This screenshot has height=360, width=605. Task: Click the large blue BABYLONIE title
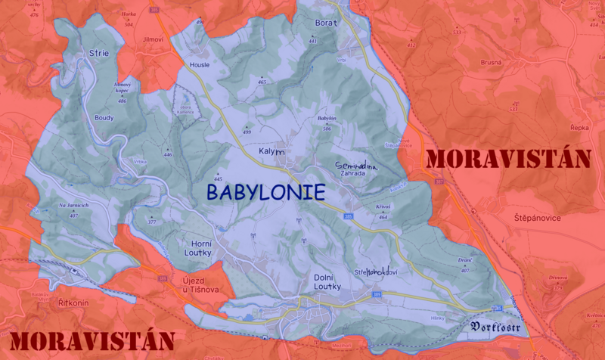coord(265,192)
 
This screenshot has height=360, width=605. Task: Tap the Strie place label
coord(99,54)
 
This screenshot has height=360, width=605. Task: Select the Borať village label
coord(326,23)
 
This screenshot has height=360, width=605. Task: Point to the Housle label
coord(200,65)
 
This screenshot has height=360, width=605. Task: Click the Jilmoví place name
coord(152,38)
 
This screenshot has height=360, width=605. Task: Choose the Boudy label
coord(104,117)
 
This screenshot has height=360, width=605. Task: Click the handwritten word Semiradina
coord(355,164)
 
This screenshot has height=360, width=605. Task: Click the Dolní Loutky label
coord(328,282)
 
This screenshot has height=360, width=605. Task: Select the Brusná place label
coord(491,62)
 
